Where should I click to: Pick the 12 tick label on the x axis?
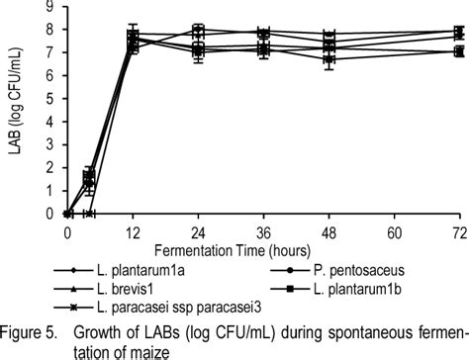coord(133,230)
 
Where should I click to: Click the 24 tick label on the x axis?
coord(198,230)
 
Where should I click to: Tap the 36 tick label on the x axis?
coord(263,230)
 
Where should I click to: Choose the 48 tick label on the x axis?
coord(328,230)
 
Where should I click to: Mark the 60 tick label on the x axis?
coord(394,230)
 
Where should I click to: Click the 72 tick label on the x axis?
coord(458,230)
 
